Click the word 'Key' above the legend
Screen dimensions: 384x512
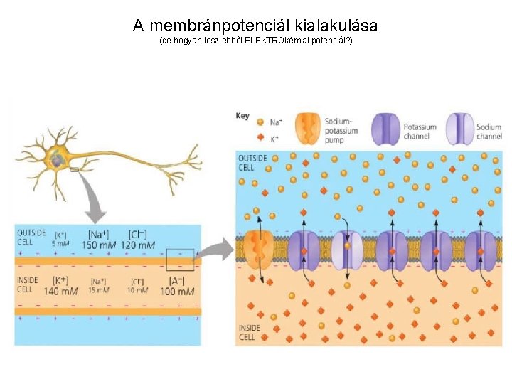[242, 115]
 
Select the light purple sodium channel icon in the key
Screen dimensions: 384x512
[459, 129]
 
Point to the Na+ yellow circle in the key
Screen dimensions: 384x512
[260, 122]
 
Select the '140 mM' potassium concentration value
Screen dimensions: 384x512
[60, 290]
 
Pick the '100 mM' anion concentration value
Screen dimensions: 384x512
[176, 290]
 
